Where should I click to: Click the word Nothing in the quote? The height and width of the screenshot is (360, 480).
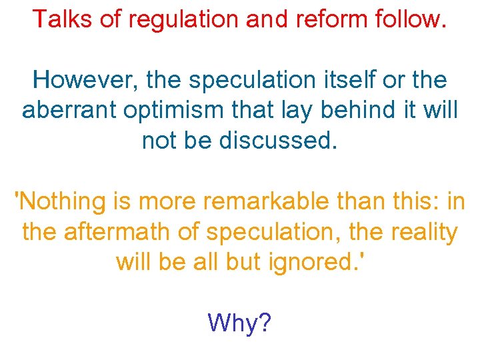point(61,201)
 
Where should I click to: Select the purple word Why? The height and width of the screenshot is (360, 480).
point(239,323)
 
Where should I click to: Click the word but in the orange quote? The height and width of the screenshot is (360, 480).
point(243,262)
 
